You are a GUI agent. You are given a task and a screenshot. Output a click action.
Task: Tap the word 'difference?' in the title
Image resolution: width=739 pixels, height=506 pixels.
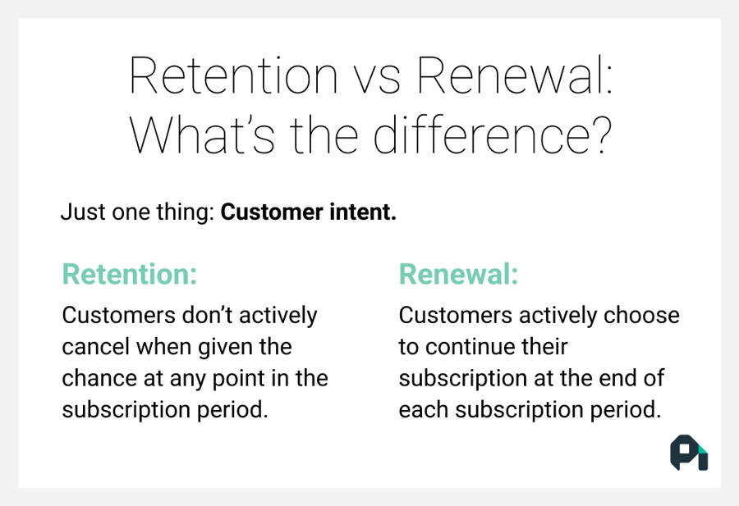point(493,135)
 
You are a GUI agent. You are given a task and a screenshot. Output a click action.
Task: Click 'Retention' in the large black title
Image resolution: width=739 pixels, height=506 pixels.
point(233,76)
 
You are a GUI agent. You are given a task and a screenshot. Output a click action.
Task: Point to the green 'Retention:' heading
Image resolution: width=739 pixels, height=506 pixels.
point(130,275)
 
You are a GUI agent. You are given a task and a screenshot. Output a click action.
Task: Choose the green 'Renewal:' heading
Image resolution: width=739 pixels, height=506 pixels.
point(458,275)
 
